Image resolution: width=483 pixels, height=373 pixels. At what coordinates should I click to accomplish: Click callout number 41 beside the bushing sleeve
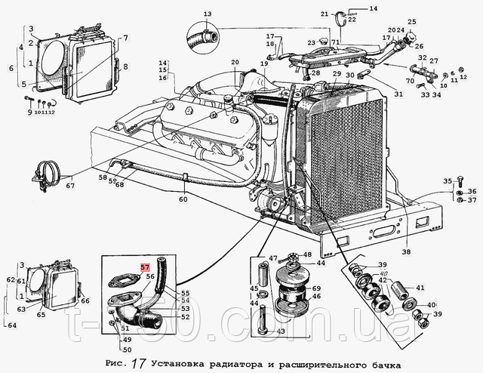click(420, 287)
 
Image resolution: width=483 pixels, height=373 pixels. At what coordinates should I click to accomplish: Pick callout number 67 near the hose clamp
click(69, 186)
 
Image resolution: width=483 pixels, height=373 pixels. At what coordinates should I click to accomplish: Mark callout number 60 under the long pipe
click(183, 200)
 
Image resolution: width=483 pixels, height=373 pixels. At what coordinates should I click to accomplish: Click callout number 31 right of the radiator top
click(398, 94)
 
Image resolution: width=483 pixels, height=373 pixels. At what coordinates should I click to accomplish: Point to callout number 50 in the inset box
click(127, 349)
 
